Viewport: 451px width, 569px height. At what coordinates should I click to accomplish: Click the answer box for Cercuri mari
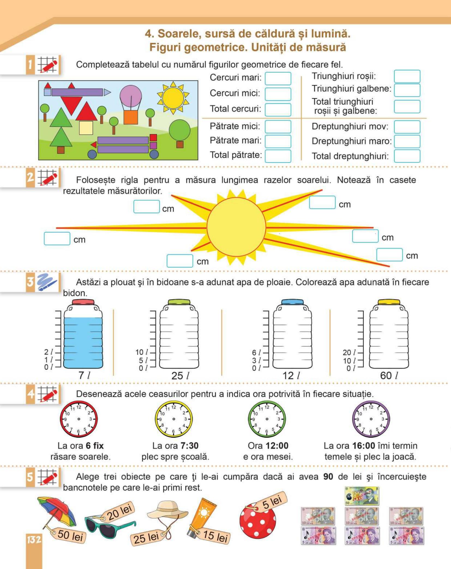(278, 79)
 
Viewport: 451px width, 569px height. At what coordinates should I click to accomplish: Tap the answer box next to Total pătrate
(278, 156)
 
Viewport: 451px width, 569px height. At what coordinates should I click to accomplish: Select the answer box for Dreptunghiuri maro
(407, 141)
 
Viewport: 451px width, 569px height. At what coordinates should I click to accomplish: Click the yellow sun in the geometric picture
(173, 98)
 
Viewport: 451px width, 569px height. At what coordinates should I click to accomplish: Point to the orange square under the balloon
(131, 117)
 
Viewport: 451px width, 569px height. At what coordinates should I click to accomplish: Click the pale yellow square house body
(86, 128)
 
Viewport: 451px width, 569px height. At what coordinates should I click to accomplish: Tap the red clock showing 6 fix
(79, 419)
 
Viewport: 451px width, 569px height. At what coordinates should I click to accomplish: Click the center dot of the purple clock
(371, 419)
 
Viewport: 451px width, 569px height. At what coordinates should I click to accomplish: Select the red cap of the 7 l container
(83, 302)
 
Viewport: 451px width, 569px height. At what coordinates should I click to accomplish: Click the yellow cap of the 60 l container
(389, 302)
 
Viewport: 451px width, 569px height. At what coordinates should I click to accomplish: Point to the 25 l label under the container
(180, 376)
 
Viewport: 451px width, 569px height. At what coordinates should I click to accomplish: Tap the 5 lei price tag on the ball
(271, 502)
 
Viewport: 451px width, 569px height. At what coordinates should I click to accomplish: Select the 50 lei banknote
(362, 496)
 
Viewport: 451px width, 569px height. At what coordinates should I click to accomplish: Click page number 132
(34, 539)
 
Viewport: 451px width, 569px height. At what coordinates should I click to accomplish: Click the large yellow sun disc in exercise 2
(236, 227)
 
